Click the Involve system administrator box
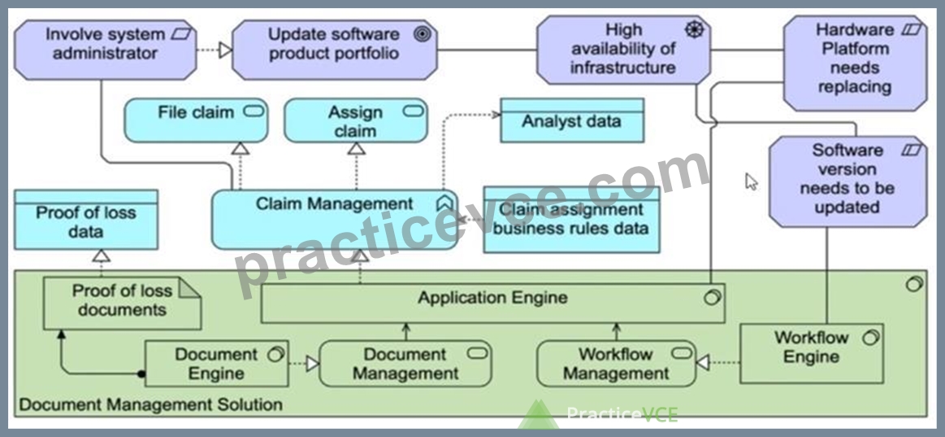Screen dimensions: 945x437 pyautogui.click(x=105, y=50)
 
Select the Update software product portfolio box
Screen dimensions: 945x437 pyautogui.click(x=335, y=50)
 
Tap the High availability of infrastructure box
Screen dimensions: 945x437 pyautogui.click(x=623, y=50)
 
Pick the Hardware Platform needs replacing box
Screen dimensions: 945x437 pyautogui.click(x=855, y=63)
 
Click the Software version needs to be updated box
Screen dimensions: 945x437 pyautogui.click(x=848, y=181)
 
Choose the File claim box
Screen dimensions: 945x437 pyautogui.click(x=196, y=120)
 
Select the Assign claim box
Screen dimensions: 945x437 pyautogui.click(x=356, y=120)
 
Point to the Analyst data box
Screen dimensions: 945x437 pyautogui.click(x=572, y=120)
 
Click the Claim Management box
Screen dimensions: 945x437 pyautogui.click(x=335, y=219)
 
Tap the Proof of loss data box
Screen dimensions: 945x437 pyautogui.click(x=85, y=219)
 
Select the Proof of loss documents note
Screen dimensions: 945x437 pyautogui.click(x=123, y=303)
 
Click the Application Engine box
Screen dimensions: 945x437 pyautogui.click(x=492, y=303)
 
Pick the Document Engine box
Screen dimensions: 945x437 pyautogui.click(x=216, y=364)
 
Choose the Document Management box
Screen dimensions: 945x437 pyautogui.click(x=405, y=364)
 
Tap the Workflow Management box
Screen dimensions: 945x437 pyautogui.click(x=616, y=364)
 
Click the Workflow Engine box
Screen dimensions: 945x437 pyautogui.click(x=811, y=353)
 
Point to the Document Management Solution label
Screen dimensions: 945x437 pyautogui.click(x=150, y=404)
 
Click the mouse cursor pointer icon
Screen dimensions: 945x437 pyautogui.click(x=751, y=181)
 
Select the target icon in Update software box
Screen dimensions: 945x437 pyautogui.click(x=423, y=34)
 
